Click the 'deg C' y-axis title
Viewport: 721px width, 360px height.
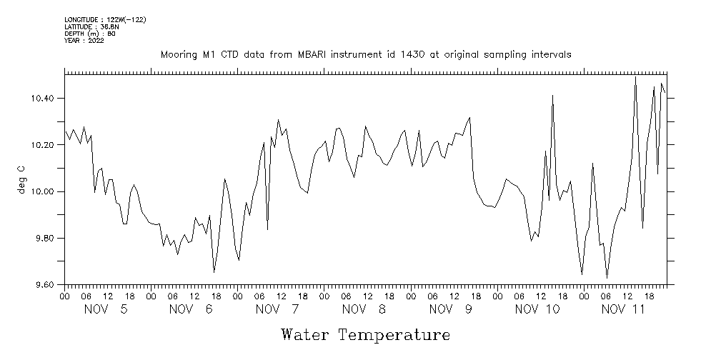tap(21, 179)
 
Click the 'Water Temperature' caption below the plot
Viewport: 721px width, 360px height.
tap(365, 334)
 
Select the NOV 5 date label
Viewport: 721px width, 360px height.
tap(106, 309)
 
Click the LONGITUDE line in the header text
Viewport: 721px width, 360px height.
tap(105, 19)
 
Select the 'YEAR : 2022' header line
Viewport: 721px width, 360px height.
tap(84, 41)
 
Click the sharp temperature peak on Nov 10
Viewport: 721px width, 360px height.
tap(552, 96)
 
